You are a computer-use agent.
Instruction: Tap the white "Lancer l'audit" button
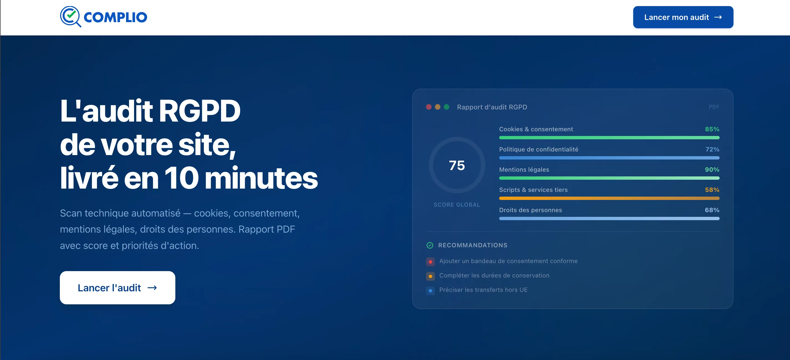(x=117, y=288)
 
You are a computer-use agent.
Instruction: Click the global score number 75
(x=457, y=165)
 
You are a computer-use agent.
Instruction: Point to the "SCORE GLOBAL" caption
(x=457, y=205)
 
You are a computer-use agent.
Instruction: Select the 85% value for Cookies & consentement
(x=712, y=129)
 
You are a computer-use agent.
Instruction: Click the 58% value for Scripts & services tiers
(x=712, y=190)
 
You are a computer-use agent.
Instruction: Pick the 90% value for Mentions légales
(x=712, y=169)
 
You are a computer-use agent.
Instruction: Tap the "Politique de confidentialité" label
(x=538, y=149)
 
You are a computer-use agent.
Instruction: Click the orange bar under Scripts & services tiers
(x=609, y=198)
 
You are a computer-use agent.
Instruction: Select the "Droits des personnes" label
(x=530, y=210)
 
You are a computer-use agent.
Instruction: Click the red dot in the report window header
(x=429, y=107)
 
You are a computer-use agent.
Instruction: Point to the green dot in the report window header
(x=447, y=107)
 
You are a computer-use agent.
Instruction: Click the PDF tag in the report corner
(x=714, y=107)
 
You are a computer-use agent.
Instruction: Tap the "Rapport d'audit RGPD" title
(x=492, y=107)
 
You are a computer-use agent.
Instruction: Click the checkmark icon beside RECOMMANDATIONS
(x=430, y=245)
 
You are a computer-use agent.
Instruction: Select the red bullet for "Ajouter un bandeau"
(x=430, y=262)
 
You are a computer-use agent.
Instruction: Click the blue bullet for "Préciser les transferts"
(x=430, y=291)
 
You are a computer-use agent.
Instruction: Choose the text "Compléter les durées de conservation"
(x=494, y=275)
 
